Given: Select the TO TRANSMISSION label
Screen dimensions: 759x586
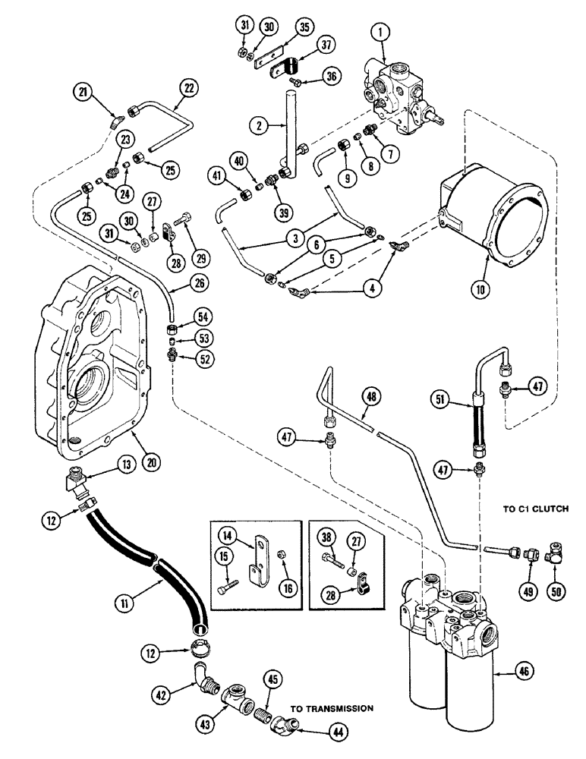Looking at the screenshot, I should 332,708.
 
